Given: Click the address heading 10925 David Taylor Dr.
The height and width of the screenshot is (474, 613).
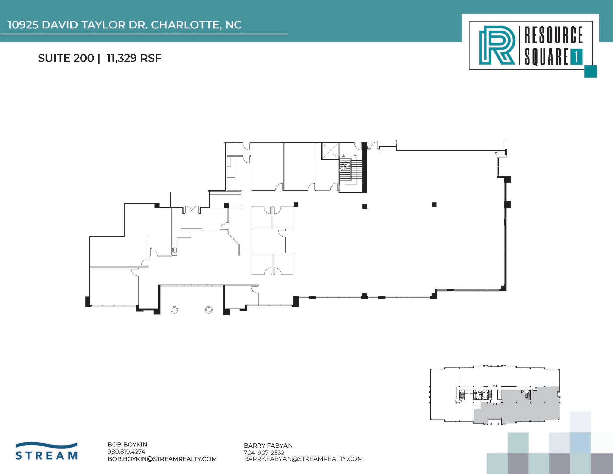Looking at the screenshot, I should pos(125,25).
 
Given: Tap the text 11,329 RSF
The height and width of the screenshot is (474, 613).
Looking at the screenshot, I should pos(134,58).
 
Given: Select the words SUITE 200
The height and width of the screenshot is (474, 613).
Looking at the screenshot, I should pos(66,58).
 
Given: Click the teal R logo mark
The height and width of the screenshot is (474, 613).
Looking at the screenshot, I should pos(497,45).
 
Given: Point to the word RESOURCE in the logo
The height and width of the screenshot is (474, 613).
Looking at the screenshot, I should pos(553,35).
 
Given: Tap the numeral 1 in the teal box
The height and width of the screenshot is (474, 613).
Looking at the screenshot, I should pos(576,57).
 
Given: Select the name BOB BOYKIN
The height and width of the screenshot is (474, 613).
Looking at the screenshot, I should pos(127,445).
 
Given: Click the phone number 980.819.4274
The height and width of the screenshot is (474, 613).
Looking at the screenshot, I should pos(126,452).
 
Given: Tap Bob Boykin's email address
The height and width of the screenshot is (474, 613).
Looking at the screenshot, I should pos(162,459).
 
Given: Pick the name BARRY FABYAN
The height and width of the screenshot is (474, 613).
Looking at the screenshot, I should pos(268,446).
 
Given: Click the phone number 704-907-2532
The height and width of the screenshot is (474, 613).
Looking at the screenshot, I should pos(264,452).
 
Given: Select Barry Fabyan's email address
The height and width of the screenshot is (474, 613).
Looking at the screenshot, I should pos(303,459).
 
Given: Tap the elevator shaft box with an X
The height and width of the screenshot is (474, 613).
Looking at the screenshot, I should pos(330,152).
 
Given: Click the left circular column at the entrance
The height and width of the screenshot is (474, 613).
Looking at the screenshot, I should pos(174,310).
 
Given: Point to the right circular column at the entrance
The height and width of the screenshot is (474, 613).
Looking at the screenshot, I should pos(209,310).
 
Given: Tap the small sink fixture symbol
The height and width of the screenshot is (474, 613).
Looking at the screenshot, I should pos(175,250).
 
